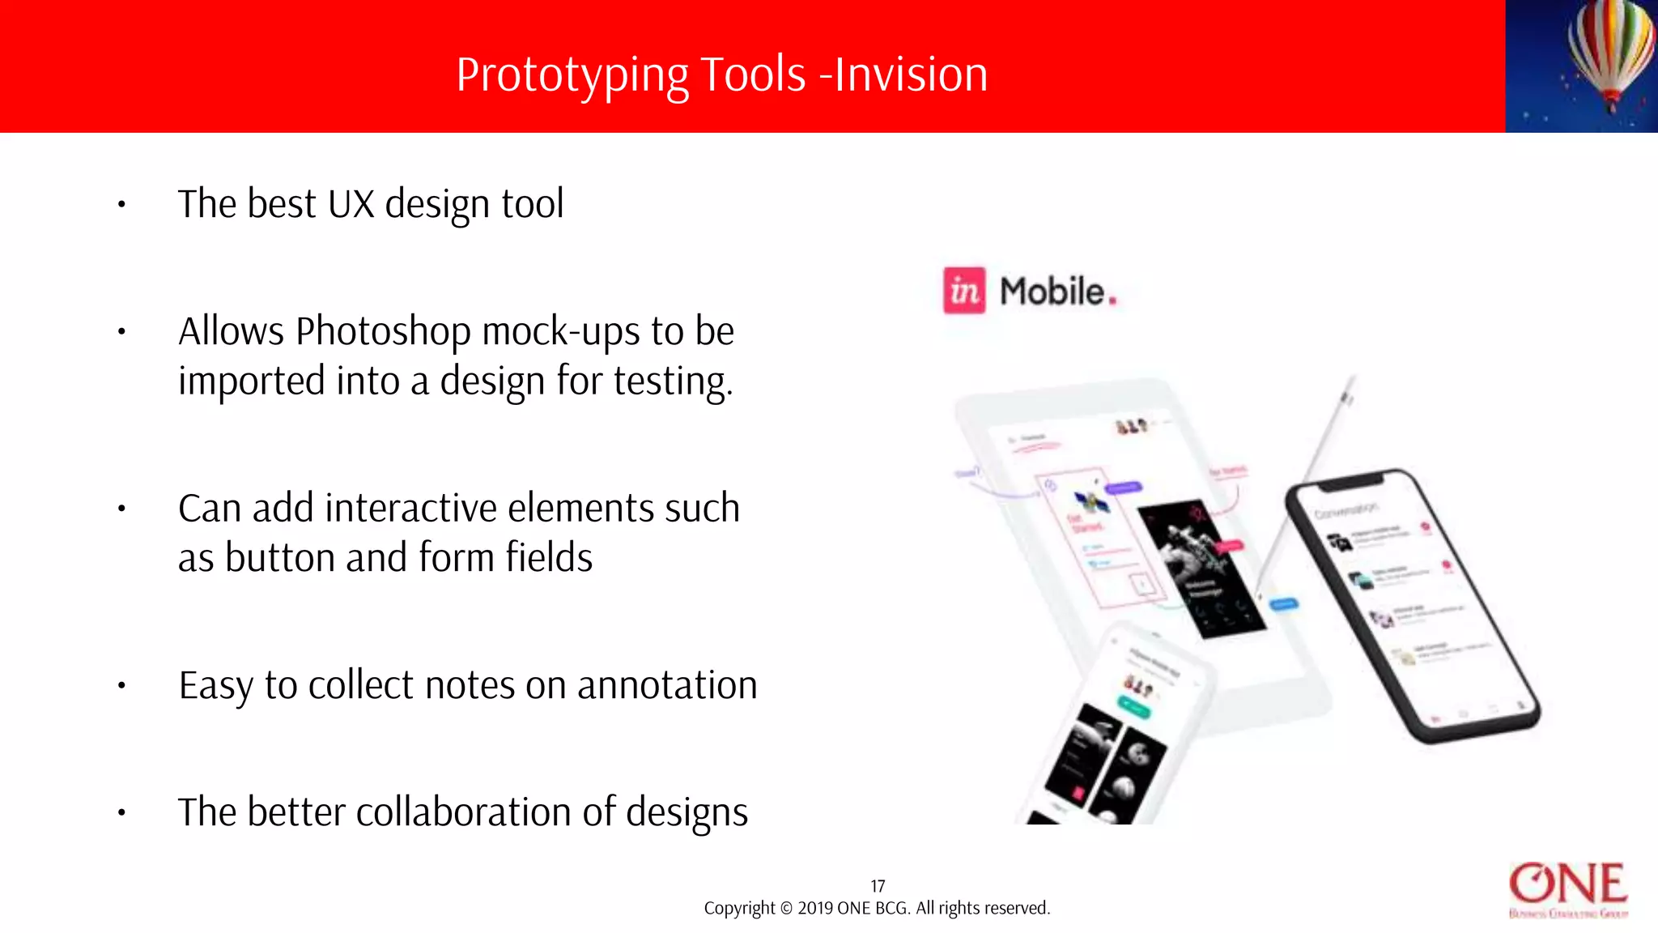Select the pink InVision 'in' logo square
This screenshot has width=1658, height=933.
pyautogui.click(x=964, y=290)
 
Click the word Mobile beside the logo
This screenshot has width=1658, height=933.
pyautogui.click(x=1052, y=292)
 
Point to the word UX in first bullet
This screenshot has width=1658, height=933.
pyautogui.click(x=351, y=204)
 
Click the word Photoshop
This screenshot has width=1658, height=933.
pyautogui.click(x=383, y=332)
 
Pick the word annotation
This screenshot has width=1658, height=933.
pyautogui.click(x=667, y=685)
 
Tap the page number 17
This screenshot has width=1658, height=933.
pyautogui.click(x=878, y=886)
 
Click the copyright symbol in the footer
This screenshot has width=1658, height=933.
pyautogui.click(x=786, y=909)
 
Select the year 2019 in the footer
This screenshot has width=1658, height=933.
pyautogui.click(x=815, y=909)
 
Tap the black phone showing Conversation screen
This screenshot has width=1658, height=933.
pyautogui.click(x=1413, y=603)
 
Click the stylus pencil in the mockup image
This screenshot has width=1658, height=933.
pyautogui.click(x=1312, y=478)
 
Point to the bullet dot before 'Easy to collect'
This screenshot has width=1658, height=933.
pyautogui.click(x=121, y=686)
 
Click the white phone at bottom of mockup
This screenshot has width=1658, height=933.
pyautogui.click(x=1117, y=729)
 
